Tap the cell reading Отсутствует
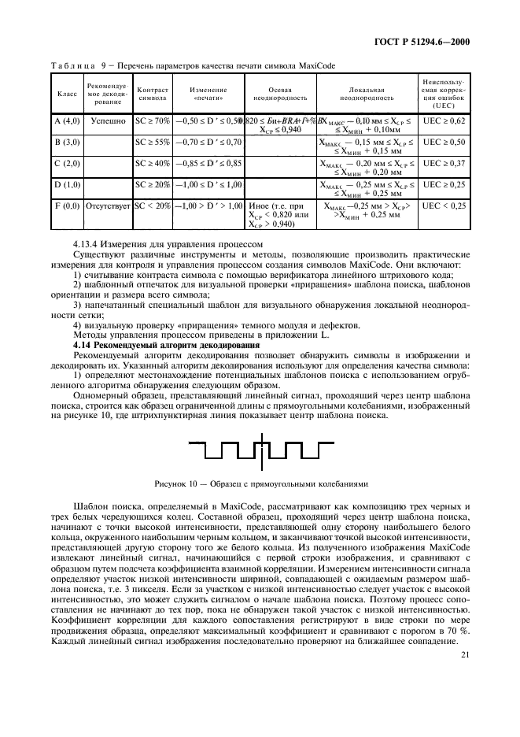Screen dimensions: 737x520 point(108,206)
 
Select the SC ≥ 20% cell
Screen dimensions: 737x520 point(152,184)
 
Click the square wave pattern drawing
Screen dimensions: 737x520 point(260,452)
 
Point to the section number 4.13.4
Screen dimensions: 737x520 point(87,244)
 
